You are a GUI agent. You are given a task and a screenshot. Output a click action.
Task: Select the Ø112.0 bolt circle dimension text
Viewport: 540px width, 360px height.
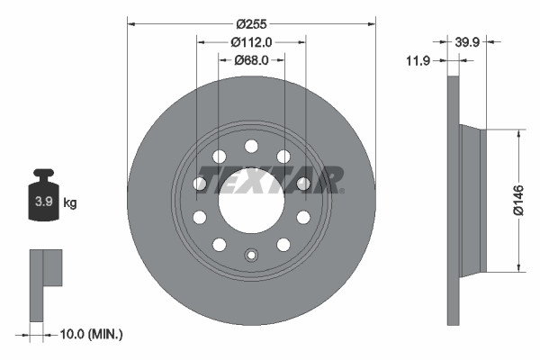point(251,41)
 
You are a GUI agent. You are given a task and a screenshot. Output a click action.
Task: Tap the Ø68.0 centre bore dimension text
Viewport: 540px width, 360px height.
point(252,60)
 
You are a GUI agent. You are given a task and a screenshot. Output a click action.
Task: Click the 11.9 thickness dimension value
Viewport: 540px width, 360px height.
point(417,60)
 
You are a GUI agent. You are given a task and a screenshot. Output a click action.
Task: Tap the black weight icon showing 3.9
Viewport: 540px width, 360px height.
point(43,199)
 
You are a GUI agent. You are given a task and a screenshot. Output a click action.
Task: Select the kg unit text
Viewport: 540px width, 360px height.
point(70,202)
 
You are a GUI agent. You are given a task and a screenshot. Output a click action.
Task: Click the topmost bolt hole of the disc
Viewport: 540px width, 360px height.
point(251,146)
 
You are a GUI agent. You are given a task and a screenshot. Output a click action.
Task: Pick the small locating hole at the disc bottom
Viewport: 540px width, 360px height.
point(251,255)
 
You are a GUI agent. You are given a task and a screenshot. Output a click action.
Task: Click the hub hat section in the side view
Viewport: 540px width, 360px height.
point(472,200)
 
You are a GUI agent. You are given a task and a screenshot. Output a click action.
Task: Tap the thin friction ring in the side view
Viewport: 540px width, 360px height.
point(453,200)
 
